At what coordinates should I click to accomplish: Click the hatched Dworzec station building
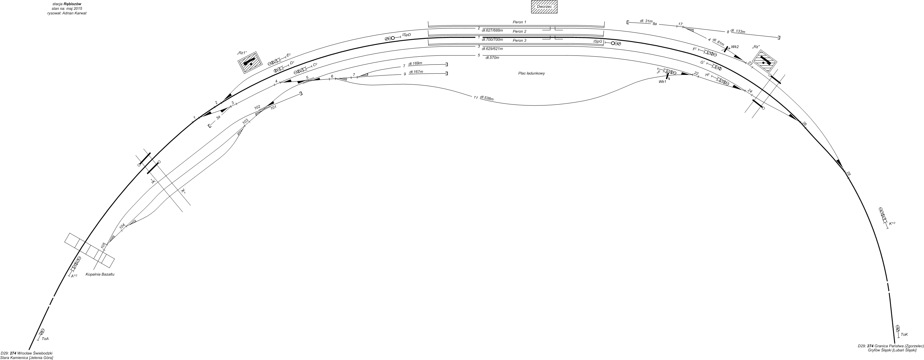(544, 7)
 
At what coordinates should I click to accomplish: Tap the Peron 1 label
(520, 22)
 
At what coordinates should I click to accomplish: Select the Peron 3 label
(520, 40)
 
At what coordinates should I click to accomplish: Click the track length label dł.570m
(492, 58)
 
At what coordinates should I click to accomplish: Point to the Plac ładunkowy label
(532, 73)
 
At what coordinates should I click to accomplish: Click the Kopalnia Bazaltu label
(100, 274)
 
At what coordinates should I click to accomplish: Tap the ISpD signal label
(406, 35)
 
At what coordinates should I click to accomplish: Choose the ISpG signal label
(598, 42)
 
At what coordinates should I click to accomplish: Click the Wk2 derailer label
(735, 47)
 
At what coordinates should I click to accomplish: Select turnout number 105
(104, 246)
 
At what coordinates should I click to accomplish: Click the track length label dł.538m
(487, 98)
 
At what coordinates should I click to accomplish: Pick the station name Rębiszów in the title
(72, 4)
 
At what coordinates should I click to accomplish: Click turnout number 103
(245, 122)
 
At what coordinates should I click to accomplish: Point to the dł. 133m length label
(738, 32)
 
